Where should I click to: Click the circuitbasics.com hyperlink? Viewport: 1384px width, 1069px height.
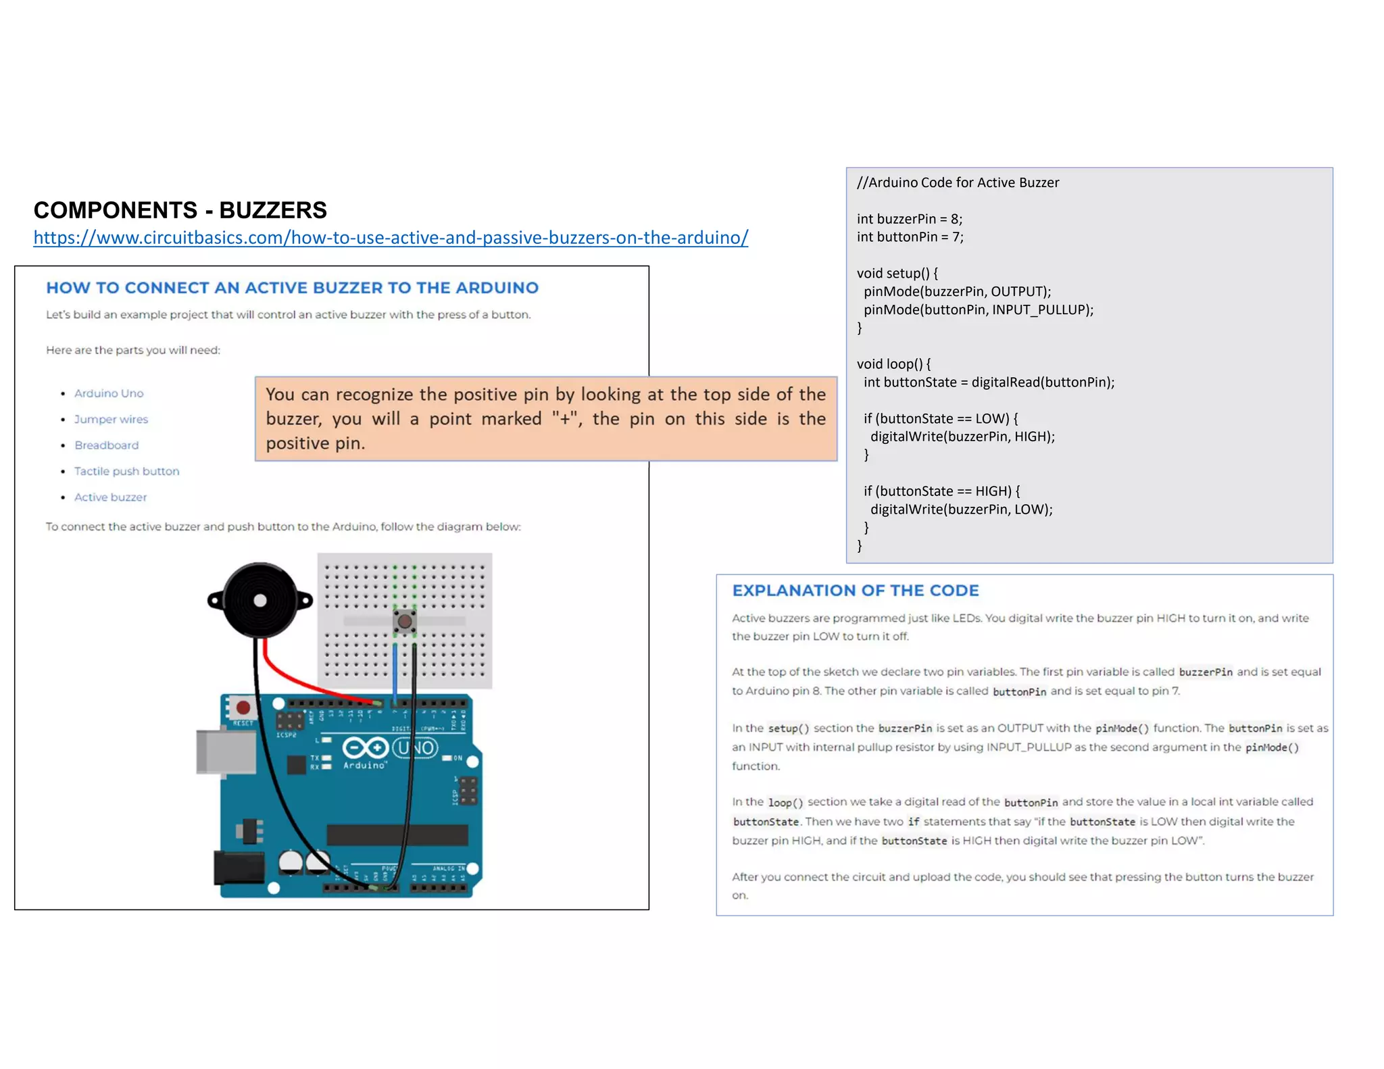pos(391,238)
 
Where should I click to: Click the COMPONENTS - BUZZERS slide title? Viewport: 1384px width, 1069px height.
pos(180,210)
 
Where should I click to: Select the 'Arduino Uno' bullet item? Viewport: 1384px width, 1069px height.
pos(109,393)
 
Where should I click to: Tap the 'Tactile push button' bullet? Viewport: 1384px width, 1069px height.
pos(126,471)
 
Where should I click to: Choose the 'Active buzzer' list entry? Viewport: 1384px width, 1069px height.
pos(110,497)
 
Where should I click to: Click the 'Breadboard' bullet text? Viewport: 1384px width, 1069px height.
pos(106,445)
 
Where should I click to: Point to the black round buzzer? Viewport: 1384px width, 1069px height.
pos(259,600)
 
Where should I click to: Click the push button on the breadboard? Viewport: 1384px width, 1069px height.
pos(404,621)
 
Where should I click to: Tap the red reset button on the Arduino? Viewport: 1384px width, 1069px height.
pos(243,707)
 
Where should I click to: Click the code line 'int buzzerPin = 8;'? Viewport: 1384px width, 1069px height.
pos(909,219)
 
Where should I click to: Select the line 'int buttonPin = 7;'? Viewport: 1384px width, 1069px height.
pos(910,237)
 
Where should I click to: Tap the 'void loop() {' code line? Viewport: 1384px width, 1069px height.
pos(893,364)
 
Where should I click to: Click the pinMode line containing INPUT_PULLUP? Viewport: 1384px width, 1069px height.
pos(978,309)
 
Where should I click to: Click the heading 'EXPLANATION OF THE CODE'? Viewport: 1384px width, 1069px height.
pos(855,591)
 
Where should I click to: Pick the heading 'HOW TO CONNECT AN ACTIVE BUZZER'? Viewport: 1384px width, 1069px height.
pos(292,288)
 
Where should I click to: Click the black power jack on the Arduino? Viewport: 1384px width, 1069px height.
pos(239,867)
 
